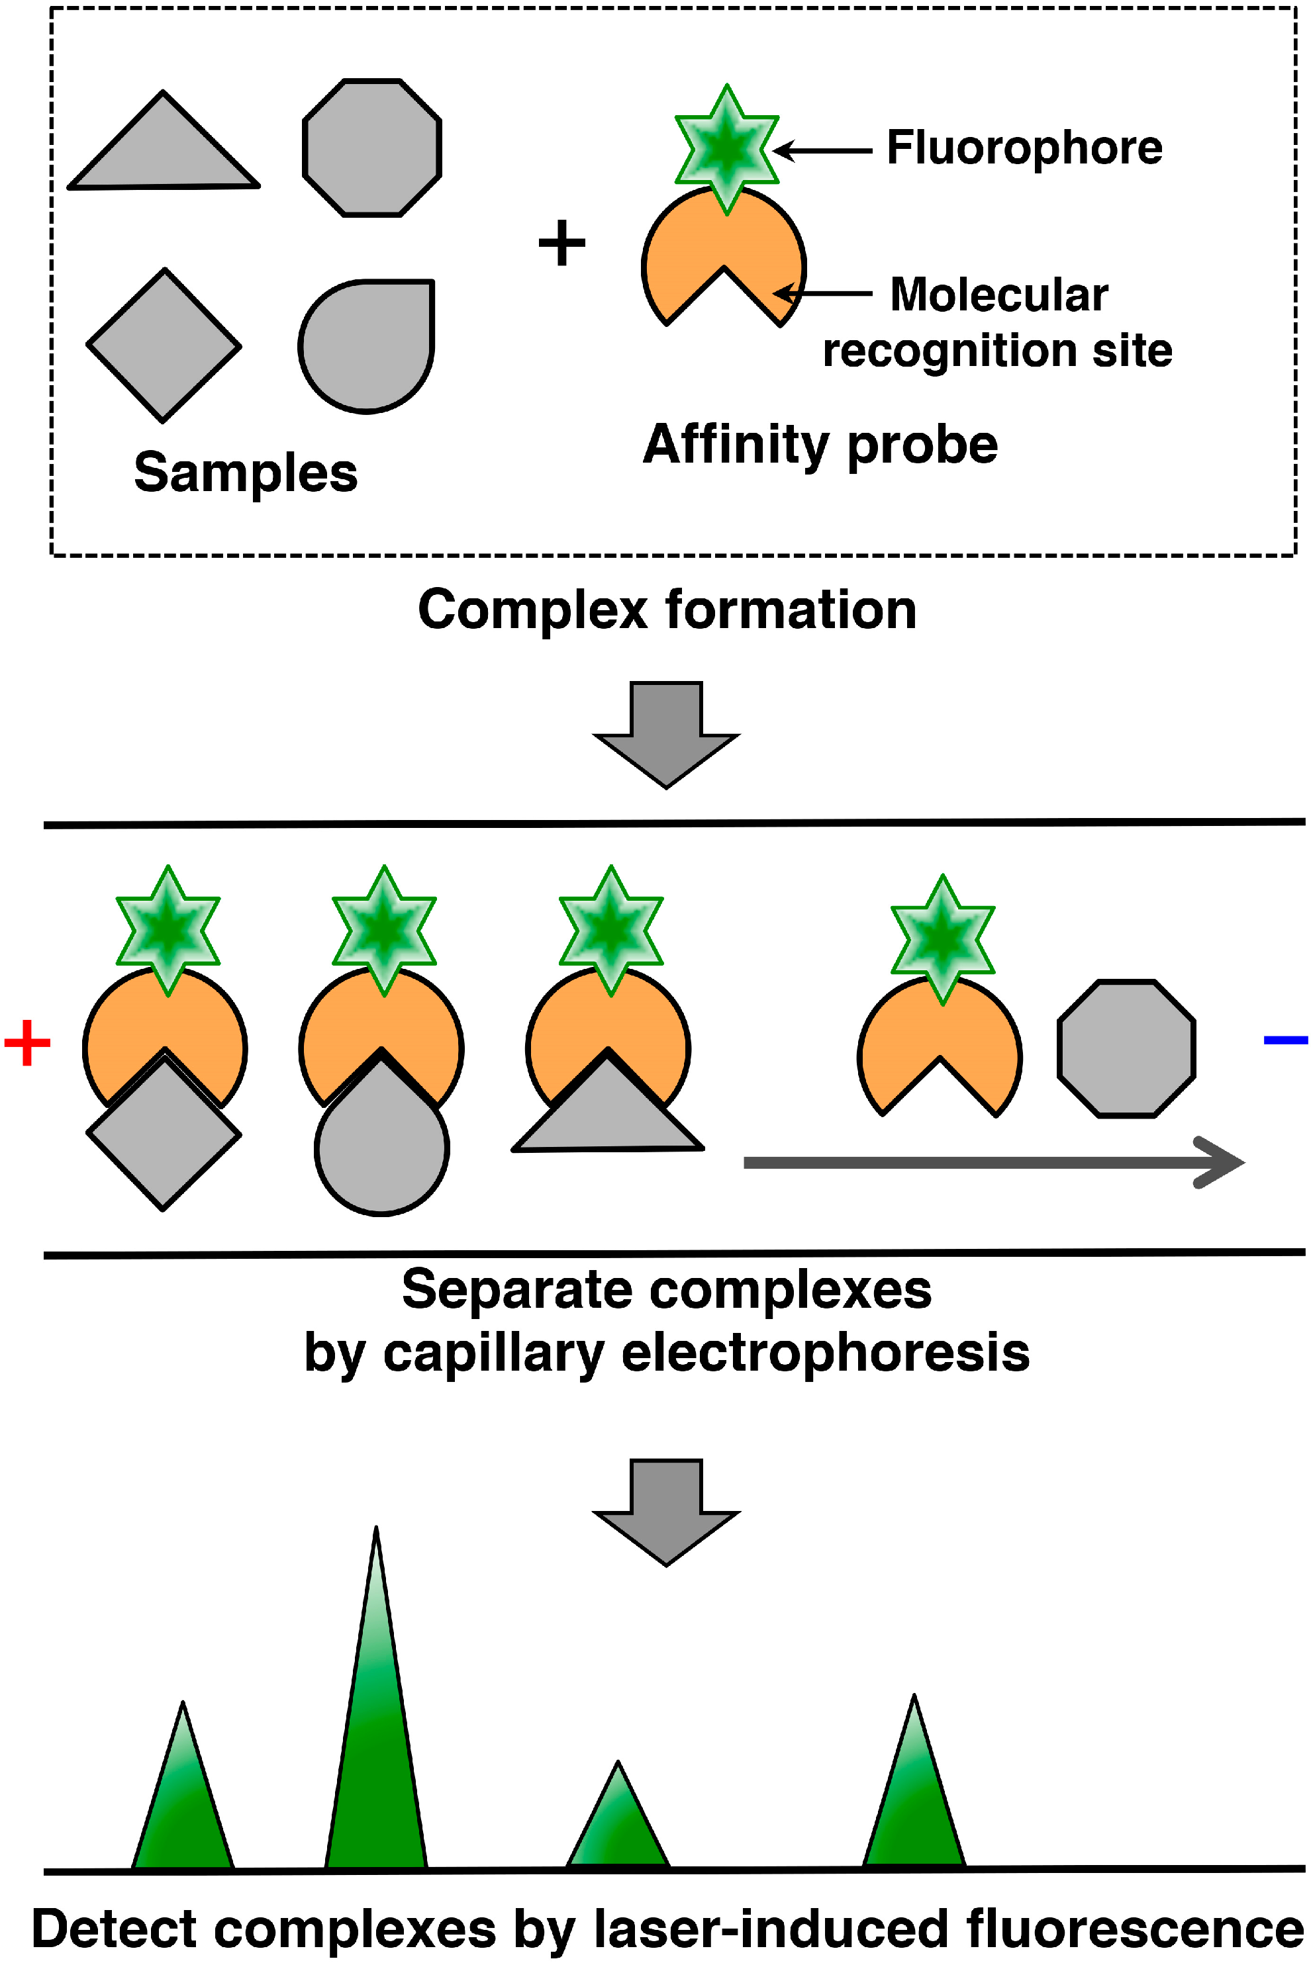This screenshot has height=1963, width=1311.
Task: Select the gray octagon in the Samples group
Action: pos(371,148)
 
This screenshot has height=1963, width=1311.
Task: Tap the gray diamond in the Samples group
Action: pos(164,345)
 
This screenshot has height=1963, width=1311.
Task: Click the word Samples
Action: pos(246,473)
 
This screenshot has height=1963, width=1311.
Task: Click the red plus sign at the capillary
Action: pos(28,1042)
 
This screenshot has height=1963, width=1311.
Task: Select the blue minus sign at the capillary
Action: pos(1285,1040)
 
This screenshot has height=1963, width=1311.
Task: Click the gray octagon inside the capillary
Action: pos(1126,1049)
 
